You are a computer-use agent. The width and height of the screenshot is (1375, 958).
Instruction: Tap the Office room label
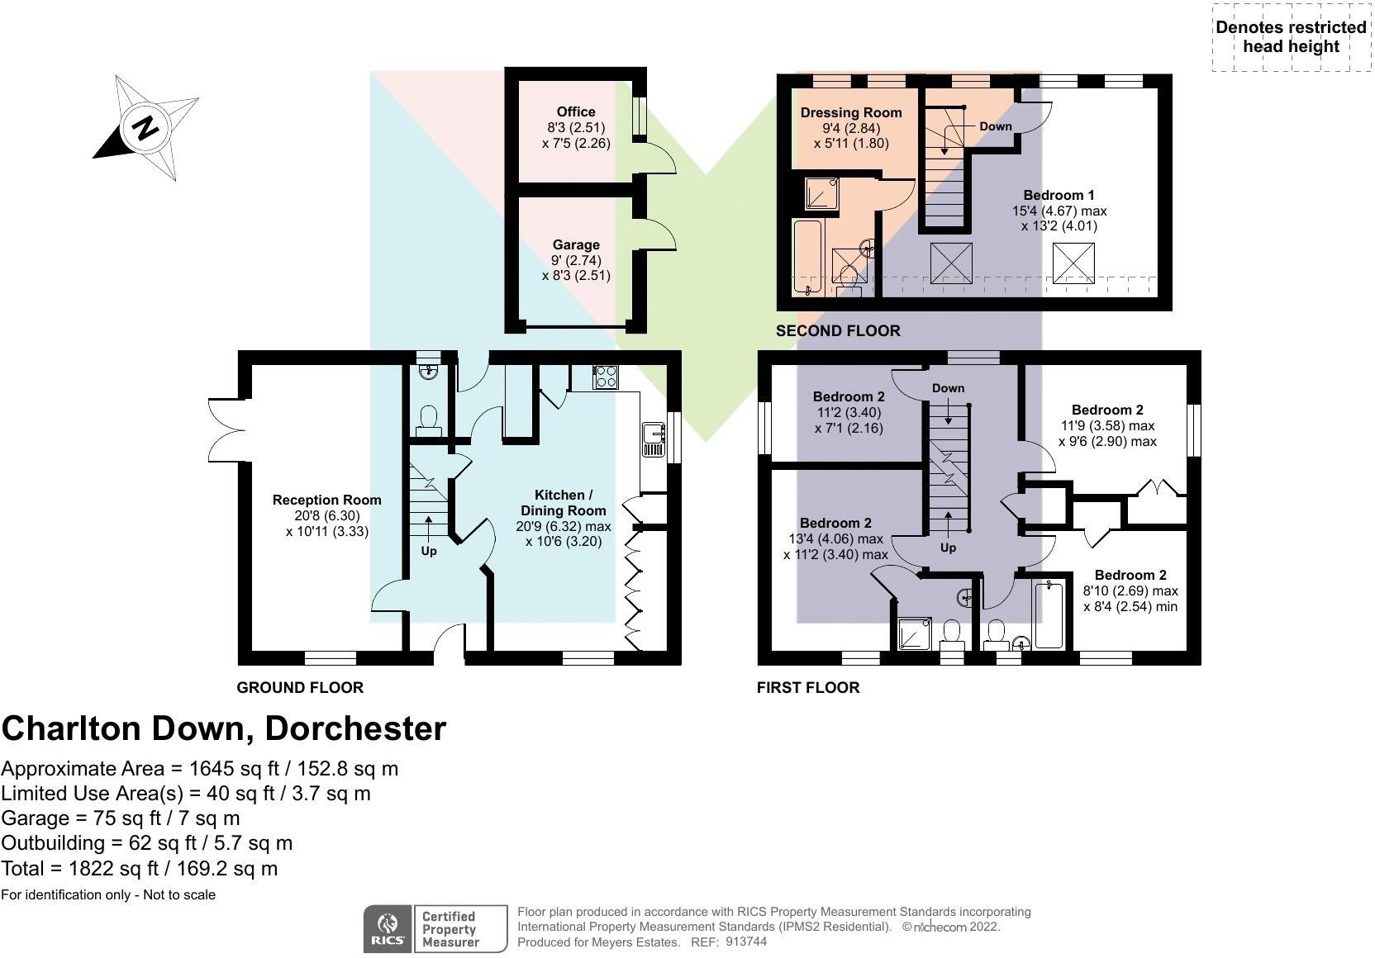point(576,111)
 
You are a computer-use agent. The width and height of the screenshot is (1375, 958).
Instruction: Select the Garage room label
point(576,244)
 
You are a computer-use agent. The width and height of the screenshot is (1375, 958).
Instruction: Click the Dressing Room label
point(851,112)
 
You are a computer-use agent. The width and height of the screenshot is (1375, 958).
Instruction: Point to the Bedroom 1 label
point(1059,195)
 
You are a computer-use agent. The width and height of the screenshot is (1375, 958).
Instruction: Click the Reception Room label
point(326,500)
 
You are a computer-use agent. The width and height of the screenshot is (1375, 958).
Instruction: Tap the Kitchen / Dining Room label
point(563,503)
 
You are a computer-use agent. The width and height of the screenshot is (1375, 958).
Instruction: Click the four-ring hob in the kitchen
point(605,377)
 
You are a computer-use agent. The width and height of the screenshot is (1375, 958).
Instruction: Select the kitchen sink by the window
point(653,439)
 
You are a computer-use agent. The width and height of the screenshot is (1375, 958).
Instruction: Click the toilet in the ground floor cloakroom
point(428,420)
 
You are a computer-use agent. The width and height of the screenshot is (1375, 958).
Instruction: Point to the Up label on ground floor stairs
point(429,551)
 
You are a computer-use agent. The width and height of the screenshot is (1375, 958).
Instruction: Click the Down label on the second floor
point(995,126)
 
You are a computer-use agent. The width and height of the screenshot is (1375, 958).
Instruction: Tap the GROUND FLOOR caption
point(300,687)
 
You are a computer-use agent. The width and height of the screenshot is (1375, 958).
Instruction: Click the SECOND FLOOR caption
point(838,330)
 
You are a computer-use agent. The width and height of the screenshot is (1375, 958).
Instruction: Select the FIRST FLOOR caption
point(808,687)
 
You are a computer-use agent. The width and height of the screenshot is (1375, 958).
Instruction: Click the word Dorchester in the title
point(355,728)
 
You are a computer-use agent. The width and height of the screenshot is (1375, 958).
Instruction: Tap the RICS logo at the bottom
point(388,928)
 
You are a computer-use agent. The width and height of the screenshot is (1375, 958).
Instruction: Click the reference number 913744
point(746,941)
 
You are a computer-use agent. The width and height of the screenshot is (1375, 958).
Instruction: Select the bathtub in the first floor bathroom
point(1049,614)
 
